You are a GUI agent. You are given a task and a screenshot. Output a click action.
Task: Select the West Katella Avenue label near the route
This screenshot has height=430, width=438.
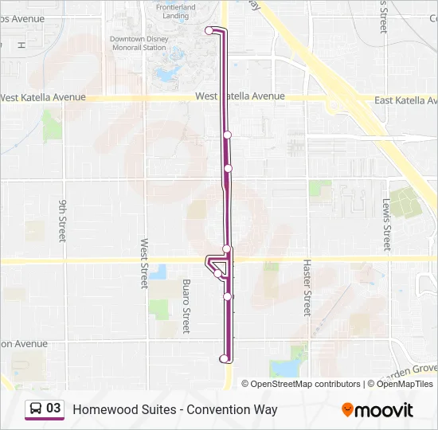pos(240,96)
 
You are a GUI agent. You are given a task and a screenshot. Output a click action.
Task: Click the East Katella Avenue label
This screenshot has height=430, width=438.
pos(405,100)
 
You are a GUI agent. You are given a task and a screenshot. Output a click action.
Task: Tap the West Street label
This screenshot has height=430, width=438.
pos(145,264)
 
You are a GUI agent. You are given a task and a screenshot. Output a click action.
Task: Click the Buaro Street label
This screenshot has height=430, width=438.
pos(186,306)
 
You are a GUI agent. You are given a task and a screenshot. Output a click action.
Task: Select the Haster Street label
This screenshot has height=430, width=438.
pos(305,287)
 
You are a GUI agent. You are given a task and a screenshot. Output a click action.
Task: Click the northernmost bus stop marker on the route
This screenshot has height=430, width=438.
pos(209,30)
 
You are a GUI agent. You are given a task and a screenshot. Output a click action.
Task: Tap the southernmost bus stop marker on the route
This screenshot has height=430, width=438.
pos(224,359)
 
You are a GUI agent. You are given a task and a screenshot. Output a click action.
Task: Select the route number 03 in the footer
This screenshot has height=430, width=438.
pos(53,408)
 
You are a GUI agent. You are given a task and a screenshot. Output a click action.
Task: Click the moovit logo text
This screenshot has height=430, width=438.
pos(384,410)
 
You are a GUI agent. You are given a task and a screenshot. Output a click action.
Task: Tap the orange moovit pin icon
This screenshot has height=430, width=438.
pos(347,409)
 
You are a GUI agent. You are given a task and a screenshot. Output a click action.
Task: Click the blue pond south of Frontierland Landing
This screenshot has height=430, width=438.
pos(166,76)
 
